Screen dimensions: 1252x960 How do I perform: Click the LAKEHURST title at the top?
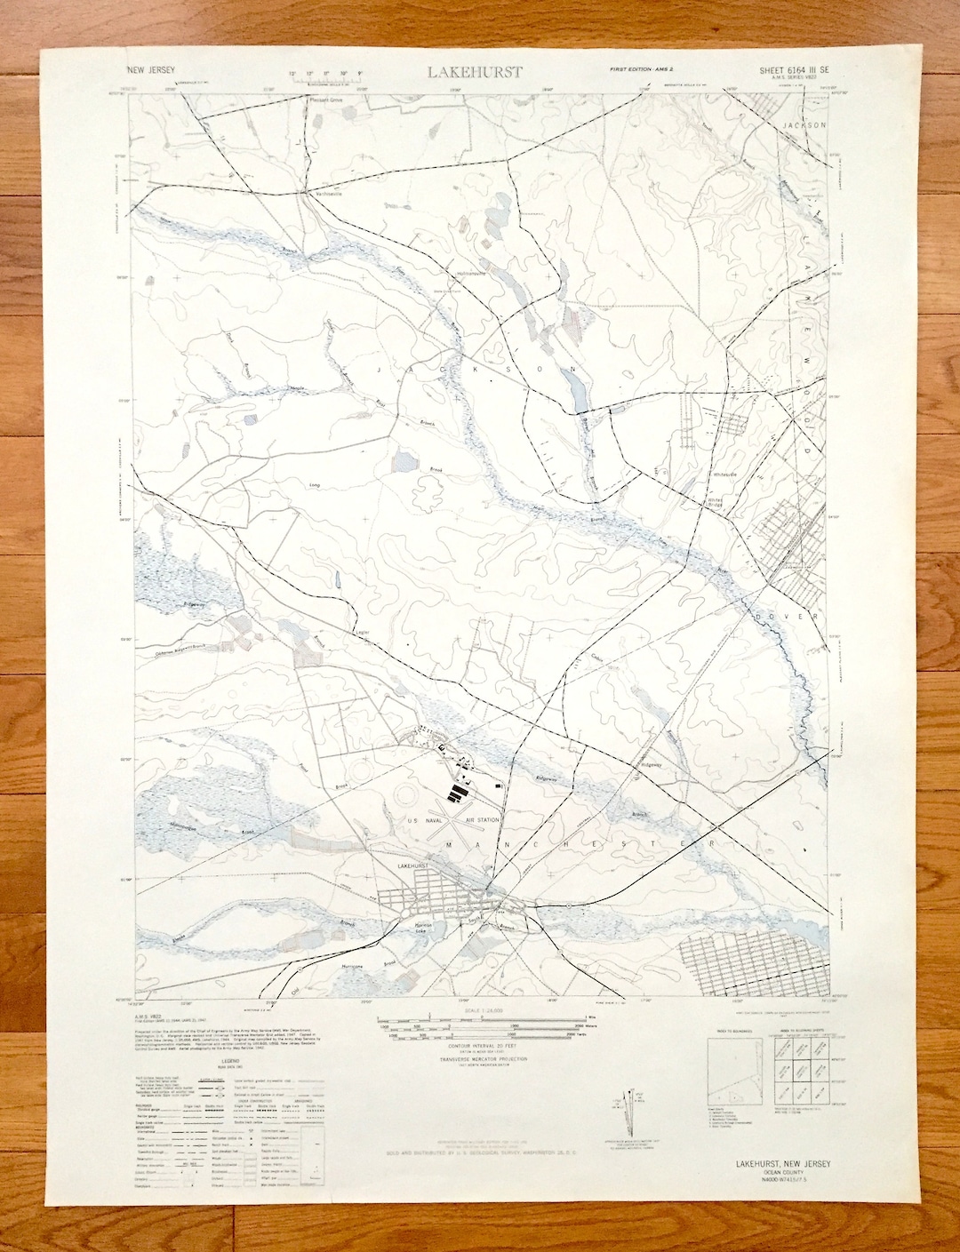pyautogui.click(x=475, y=72)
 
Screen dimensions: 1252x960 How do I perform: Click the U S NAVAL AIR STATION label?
pyautogui.click(x=454, y=819)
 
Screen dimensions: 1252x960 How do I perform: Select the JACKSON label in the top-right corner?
pyautogui.click(x=805, y=125)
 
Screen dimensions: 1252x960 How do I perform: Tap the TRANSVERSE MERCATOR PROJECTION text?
pyautogui.click(x=484, y=1059)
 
